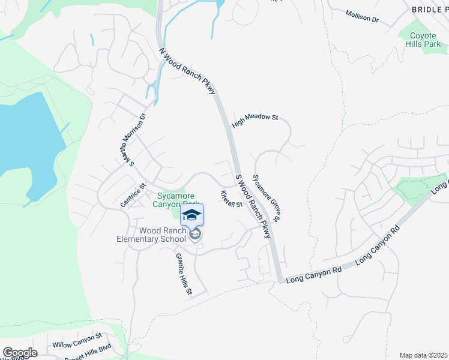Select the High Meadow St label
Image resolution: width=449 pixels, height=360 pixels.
coord(255,118)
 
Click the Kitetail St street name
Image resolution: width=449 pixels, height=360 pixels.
coord(231,199)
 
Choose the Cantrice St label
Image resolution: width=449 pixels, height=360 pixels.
coord(133,196)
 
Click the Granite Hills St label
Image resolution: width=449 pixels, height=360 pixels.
coord(183,274)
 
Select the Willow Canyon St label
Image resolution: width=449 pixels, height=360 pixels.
coord(77,341)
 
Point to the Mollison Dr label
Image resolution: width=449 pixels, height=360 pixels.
coord(363,16)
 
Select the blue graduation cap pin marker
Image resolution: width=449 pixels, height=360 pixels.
coord(192,215)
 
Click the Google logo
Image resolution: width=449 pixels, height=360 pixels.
coord(20,352)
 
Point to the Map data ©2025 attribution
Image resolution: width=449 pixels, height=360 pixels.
coord(423,355)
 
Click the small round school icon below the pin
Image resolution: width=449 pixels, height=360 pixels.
coord(194,235)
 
